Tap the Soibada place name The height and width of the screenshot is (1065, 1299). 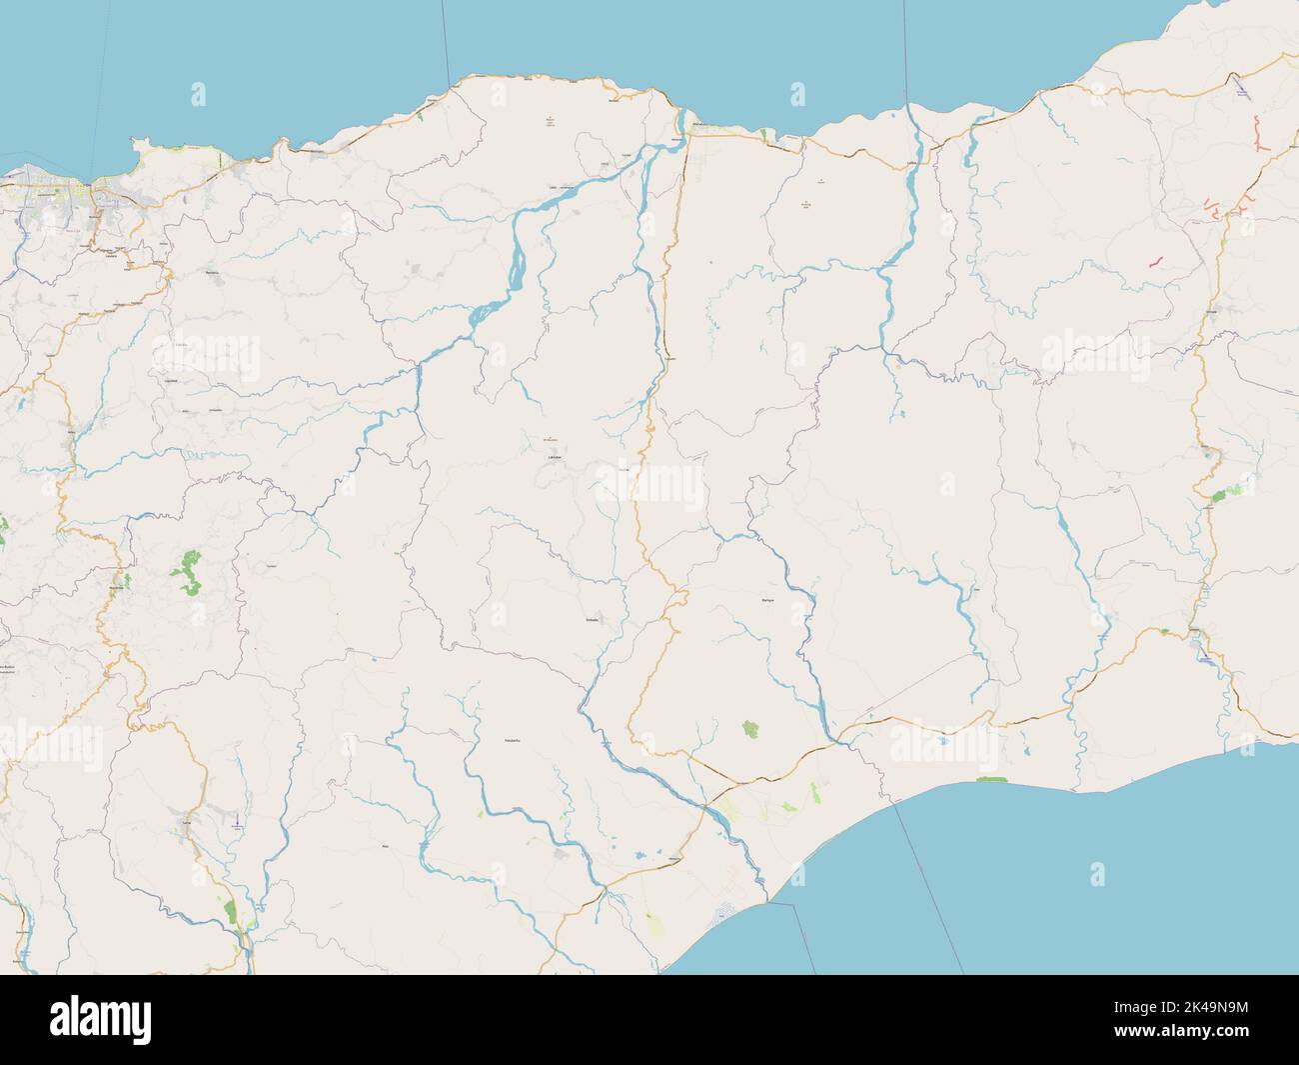[x=591, y=619]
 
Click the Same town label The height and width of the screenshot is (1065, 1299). [x=186, y=822]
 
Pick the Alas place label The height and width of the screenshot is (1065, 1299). [x=387, y=846]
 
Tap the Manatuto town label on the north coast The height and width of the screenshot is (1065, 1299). [x=701, y=126]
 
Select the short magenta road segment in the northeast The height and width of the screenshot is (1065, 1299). [x=1155, y=261]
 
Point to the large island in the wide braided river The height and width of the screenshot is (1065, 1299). [x=517, y=267]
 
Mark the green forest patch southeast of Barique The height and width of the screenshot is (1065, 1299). [x=750, y=730]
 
